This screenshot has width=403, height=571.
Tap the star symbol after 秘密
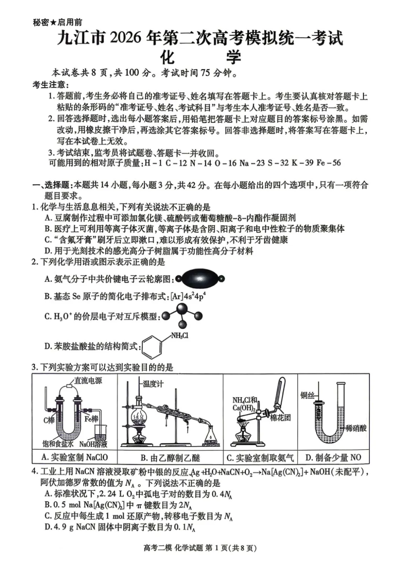pos(53,23)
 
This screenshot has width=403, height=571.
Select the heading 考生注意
pos(49,85)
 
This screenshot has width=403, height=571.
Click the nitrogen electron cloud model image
pos(200,279)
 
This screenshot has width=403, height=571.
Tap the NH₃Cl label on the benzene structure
pos(179,336)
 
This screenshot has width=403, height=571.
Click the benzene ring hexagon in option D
pos(152,347)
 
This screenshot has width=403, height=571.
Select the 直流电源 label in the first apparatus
pos(88,381)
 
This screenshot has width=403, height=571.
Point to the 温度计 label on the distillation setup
pos(153,384)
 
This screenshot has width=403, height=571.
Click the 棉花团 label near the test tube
pos(280,417)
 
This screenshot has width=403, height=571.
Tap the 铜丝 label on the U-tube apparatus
pos(307,395)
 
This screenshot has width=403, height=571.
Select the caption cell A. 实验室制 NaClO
pos(75,457)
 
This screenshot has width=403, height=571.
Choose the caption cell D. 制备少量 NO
pos(333,457)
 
